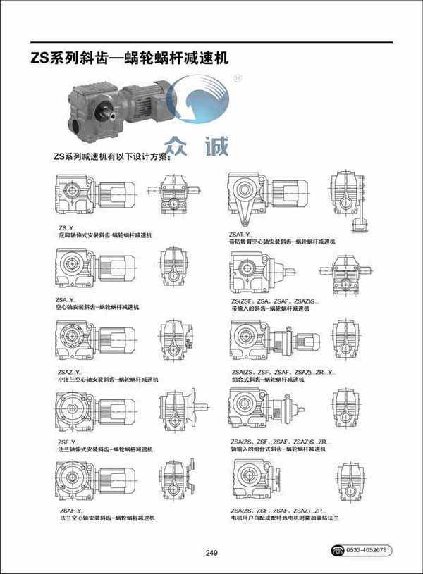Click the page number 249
pos(212,552)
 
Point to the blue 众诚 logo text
pos(202,146)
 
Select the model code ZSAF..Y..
pos(69,510)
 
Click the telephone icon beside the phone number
pos(337,549)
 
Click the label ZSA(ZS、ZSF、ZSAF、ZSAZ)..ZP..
pos(276,510)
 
